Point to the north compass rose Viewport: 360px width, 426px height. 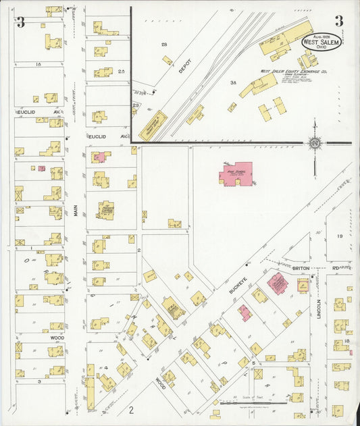315,142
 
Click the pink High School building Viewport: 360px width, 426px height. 236,174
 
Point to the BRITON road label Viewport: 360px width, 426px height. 301,268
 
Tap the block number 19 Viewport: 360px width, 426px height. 340,236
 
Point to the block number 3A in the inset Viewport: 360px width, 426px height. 232,82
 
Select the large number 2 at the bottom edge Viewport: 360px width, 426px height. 132,409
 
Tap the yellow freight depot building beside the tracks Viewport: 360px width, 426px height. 153,122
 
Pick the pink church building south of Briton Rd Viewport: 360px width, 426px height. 276,283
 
